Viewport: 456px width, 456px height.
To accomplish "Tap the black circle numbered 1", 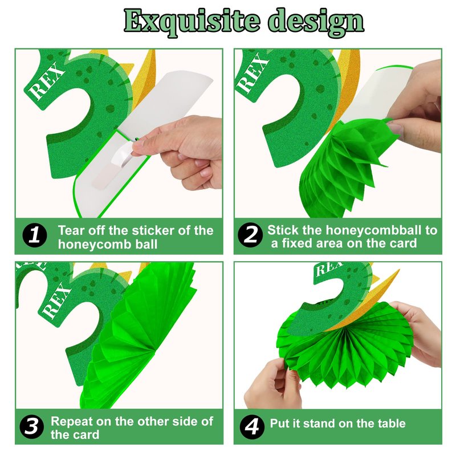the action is click(x=35, y=235).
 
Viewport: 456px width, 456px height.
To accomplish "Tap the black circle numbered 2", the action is click(x=250, y=235).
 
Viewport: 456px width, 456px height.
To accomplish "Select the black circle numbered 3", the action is click(x=32, y=426).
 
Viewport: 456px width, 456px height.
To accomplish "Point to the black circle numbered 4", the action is click(x=252, y=427).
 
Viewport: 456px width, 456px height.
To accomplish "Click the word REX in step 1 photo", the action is click(x=47, y=83).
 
